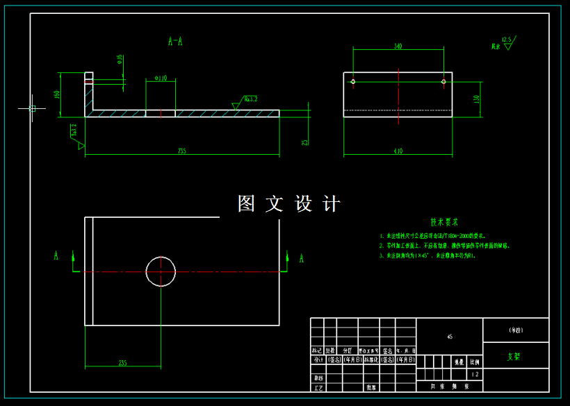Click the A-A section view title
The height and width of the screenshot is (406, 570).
pos(176,42)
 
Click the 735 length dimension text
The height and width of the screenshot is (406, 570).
pos(182,151)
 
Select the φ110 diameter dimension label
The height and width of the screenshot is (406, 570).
pos(160,78)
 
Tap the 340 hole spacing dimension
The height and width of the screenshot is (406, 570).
pos(398,46)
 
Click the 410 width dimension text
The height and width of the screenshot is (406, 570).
pos(398,151)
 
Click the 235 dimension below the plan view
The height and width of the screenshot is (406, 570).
pos(122,363)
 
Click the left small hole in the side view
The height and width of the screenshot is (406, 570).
pos(353,82)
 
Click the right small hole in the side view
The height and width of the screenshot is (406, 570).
pos(443,82)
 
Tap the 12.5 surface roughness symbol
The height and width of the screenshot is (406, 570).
pos(505,42)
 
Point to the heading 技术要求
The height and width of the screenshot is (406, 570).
pos(444,223)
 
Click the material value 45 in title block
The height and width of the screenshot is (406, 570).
pos(450,337)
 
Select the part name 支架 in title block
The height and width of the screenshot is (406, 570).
pos(514,356)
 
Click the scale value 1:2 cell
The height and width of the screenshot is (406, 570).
pos(475,374)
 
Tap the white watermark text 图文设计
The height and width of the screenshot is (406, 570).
pos(289,204)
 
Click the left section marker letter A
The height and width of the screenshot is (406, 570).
pos(56,256)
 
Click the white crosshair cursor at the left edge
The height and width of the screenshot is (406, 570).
pos(32,108)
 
